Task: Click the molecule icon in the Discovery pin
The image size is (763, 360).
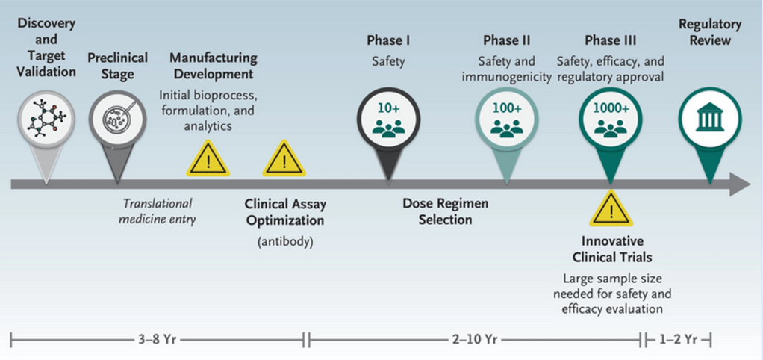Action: pos(45,117)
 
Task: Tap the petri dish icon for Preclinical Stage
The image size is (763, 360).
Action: pos(116,118)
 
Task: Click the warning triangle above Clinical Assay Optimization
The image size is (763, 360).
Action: pos(283,158)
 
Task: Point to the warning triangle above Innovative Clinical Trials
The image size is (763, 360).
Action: pos(611,210)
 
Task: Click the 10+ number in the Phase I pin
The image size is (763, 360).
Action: pos(388,108)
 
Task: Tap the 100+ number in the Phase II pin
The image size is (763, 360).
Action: pos(506,108)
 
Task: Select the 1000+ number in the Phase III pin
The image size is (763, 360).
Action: pos(611,108)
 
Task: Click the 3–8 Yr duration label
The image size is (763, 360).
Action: pos(158,340)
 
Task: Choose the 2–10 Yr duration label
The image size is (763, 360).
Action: pos(475,340)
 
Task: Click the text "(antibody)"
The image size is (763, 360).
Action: pos(285,241)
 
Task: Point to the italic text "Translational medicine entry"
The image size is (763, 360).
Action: pos(158,211)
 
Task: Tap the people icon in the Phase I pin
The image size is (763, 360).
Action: pos(388,128)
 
